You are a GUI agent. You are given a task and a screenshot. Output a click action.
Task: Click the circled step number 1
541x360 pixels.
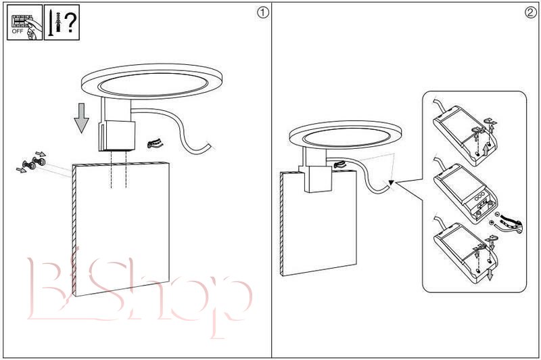(262, 13)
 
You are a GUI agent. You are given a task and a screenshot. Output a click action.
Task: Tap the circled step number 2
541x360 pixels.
(530, 13)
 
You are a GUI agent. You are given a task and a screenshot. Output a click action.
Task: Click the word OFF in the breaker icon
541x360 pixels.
(18, 31)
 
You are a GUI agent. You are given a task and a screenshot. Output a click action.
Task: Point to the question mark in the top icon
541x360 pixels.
(70, 22)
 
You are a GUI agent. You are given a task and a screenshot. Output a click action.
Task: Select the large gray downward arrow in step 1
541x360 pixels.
(81, 118)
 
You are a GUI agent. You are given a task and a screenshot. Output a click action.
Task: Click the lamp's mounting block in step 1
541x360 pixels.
(116, 135)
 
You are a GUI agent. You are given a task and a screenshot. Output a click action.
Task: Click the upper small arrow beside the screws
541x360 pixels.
(41, 154)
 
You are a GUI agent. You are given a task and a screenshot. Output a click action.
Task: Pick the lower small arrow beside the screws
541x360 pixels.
(21, 169)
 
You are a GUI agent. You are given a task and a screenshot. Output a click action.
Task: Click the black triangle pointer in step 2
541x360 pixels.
(391, 183)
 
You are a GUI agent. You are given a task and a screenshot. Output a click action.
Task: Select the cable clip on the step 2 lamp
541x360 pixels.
(340, 164)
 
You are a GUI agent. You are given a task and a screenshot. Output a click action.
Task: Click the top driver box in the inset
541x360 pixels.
(465, 135)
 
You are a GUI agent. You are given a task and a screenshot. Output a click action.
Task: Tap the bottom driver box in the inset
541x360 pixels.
(465, 252)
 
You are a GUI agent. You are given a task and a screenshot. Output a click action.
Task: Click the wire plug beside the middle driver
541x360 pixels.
(509, 225)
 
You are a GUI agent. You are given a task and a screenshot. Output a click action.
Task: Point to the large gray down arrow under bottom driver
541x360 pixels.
(490, 275)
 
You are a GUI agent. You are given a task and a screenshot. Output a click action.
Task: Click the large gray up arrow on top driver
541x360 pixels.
(486, 150)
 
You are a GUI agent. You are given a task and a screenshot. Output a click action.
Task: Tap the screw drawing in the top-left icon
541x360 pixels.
(50, 23)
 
